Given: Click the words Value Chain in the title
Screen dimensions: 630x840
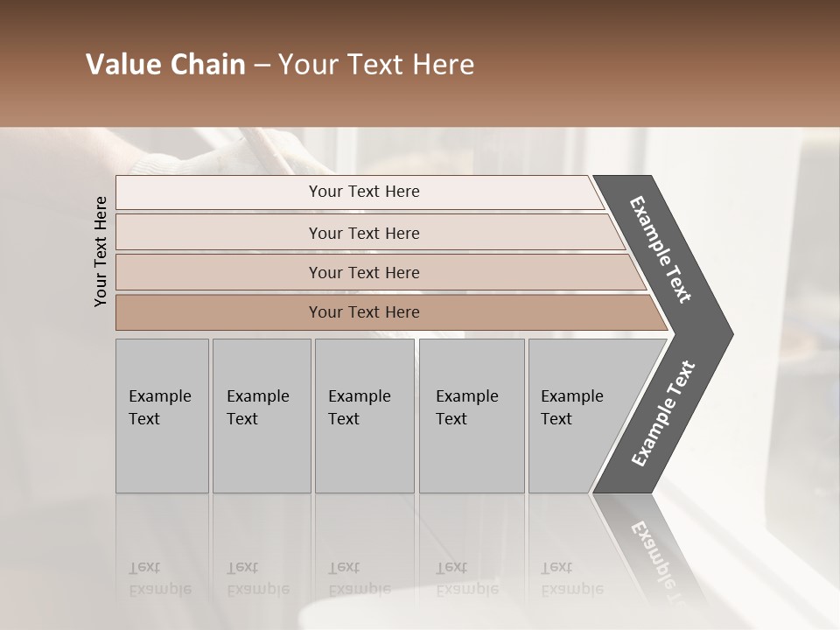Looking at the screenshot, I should click(x=165, y=65).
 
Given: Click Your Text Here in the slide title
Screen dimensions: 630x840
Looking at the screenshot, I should click(x=376, y=65).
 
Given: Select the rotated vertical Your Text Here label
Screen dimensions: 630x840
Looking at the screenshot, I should click(x=101, y=251).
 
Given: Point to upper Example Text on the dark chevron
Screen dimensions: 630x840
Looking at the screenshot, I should click(x=661, y=249).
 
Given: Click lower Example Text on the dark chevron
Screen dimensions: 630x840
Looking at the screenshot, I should click(x=662, y=414).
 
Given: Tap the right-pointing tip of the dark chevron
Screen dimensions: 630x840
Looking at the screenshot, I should click(x=726, y=334).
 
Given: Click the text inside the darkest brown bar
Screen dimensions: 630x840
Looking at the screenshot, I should click(x=364, y=312).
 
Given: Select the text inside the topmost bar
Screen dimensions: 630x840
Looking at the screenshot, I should click(x=364, y=192).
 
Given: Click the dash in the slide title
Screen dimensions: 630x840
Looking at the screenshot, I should click(x=262, y=66).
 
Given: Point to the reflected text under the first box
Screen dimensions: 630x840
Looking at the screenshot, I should click(x=160, y=578).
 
